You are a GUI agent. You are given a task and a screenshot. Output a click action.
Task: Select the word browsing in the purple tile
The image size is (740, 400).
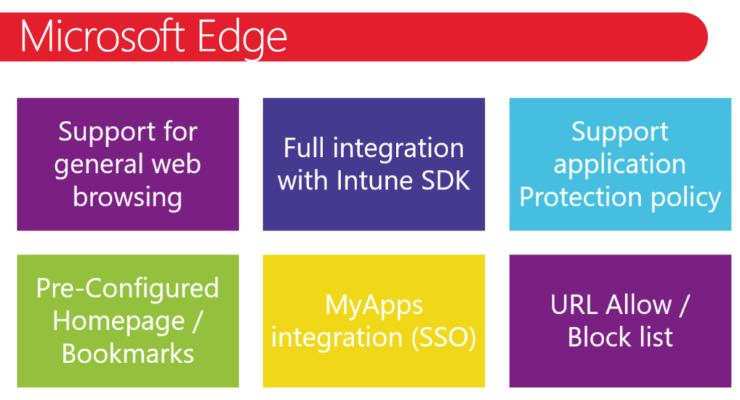click(127, 197)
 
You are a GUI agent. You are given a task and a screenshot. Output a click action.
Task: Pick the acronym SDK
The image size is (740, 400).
click(445, 180)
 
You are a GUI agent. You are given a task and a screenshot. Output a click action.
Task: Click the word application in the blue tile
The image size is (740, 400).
click(619, 165)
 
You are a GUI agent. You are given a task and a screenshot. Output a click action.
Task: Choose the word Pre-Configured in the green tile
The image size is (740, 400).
click(127, 289)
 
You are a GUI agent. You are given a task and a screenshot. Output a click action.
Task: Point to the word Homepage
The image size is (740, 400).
click(119, 322)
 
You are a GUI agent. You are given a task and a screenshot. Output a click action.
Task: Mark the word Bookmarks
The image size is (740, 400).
click(127, 354)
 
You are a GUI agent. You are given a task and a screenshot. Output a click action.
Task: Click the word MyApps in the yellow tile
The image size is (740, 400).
click(374, 305)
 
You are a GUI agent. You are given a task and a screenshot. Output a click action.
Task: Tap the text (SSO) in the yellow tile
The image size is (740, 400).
click(444, 338)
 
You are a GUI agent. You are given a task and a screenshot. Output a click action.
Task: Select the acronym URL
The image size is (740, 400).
click(575, 305)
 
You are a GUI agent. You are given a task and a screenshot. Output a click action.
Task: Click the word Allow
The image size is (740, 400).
click(639, 305)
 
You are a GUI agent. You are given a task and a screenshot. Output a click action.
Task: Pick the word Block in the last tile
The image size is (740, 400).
click(596, 337)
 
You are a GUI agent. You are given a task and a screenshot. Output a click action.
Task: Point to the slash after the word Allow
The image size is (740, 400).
click(684, 305)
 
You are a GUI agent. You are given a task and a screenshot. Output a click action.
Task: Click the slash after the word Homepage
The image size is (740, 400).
click(197, 322)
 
